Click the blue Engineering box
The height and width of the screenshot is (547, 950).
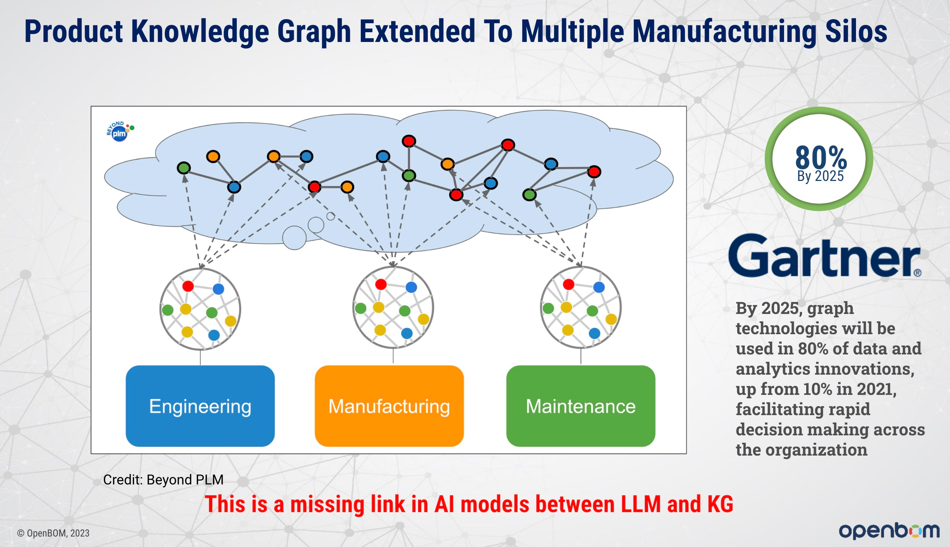point(200,406)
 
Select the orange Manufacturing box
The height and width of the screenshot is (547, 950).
point(389,406)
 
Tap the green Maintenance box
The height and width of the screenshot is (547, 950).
point(581,406)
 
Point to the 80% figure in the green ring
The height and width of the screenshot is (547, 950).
point(821,157)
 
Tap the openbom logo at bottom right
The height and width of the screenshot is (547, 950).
point(889,531)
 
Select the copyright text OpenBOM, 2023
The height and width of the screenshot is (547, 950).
point(53,533)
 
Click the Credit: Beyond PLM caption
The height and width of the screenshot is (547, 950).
point(163,480)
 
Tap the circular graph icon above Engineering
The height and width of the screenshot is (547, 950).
point(200,309)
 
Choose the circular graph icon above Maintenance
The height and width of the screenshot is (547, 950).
point(581,307)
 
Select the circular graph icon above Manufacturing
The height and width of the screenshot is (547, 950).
point(393,307)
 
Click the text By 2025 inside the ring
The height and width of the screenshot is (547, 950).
point(820,176)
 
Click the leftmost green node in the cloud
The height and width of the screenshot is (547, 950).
point(184,167)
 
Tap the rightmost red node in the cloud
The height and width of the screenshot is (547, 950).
point(594,172)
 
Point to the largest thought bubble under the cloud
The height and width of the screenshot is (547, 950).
point(294,238)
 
